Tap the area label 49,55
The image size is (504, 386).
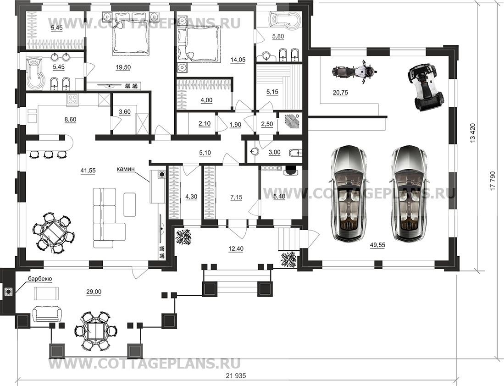[x=377, y=245]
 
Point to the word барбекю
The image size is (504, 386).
[x=39, y=279]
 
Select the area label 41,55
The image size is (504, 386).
[x=88, y=171]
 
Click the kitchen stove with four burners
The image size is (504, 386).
[x=72, y=99]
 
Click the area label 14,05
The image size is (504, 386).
[x=238, y=60]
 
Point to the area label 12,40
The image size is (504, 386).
[x=236, y=248]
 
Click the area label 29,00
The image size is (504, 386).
[x=94, y=292]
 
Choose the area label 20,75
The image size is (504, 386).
[x=340, y=93]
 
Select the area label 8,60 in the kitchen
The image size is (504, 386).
[x=70, y=119]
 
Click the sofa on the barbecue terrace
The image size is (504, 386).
[x=48, y=314]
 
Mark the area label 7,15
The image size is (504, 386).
[x=236, y=197]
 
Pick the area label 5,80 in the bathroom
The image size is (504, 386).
[x=278, y=37]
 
